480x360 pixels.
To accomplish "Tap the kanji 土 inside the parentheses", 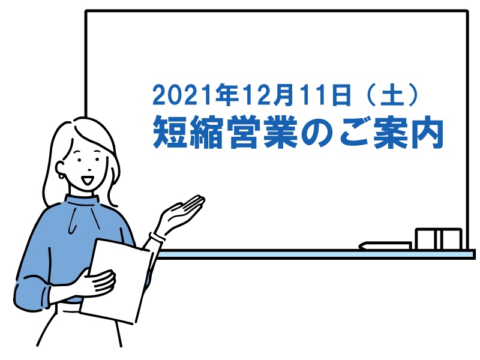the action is coord(392,95).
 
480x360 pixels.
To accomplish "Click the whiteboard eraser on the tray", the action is coord(439,239).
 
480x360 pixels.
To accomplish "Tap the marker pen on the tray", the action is coord(385,246).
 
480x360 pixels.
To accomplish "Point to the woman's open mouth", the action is coord(88,180).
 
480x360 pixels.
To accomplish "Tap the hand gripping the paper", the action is coord(97,283).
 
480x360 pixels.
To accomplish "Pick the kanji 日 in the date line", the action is coord(340,95).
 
